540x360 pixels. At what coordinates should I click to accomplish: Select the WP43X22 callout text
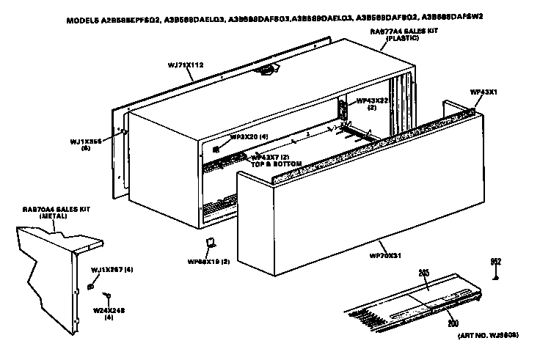pyautogui.click(x=371, y=100)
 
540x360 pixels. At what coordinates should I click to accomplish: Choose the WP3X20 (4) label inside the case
pyautogui.click(x=249, y=136)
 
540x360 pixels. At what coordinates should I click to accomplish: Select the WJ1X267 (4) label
pyautogui.click(x=112, y=270)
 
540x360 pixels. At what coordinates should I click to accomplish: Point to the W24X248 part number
pyautogui.click(x=109, y=310)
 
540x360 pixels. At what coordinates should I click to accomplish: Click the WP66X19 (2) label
pyautogui.click(x=209, y=261)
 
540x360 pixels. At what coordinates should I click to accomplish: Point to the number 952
pyautogui.click(x=497, y=261)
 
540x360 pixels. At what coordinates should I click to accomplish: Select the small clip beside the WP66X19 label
pyautogui.click(x=209, y=243)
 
